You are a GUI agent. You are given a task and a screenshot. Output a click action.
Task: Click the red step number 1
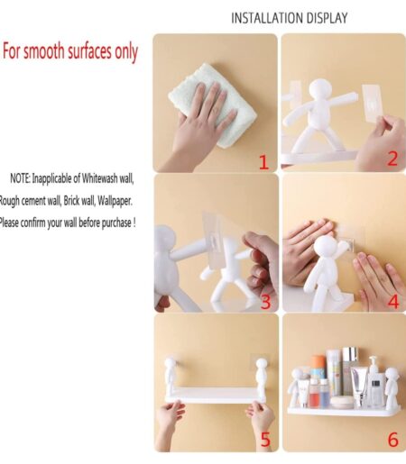pos(263,162)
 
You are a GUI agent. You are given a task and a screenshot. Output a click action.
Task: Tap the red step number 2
pos(392,159)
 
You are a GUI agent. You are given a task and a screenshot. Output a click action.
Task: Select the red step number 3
pos(266,302)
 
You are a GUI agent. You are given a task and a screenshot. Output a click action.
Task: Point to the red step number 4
pos(393,302)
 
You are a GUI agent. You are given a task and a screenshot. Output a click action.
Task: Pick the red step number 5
pos(265,440)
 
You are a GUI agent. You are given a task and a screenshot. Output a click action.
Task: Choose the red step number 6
pos(393,440)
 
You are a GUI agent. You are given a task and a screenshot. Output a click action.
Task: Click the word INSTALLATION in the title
pos(263,18)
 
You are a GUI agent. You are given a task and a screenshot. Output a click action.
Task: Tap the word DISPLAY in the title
pos(323,18)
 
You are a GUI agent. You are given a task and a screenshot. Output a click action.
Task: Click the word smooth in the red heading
pos(44,51)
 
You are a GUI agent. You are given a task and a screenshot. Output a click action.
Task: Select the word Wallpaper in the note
pos(115,201)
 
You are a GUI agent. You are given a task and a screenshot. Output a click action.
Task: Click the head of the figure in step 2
pos(320,89)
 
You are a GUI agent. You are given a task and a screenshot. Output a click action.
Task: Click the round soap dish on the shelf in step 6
pos(342,402)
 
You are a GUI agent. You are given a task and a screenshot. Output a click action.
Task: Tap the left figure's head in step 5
pos(170,363)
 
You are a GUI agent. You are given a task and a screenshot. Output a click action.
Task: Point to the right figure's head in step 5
pos(262,364)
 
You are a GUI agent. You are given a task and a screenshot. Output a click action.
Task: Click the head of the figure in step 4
pos(326,247)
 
